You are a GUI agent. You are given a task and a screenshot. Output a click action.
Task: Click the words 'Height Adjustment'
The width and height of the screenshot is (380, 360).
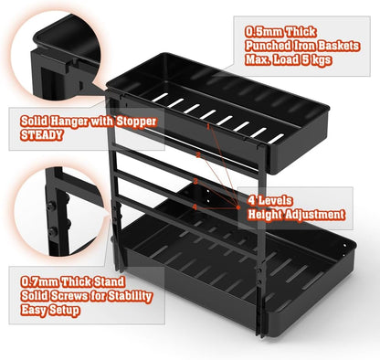(x=297, y=215)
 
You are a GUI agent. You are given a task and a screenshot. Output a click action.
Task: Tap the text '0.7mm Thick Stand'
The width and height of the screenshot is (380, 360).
(x=62, y=280)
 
